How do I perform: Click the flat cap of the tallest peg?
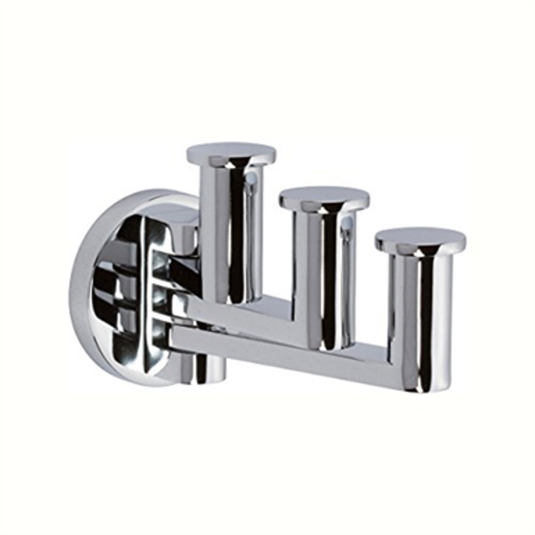click(x=231, y=153)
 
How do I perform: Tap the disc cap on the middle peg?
click(x=323, y=197)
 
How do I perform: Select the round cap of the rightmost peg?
click(x=420, y=240)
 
